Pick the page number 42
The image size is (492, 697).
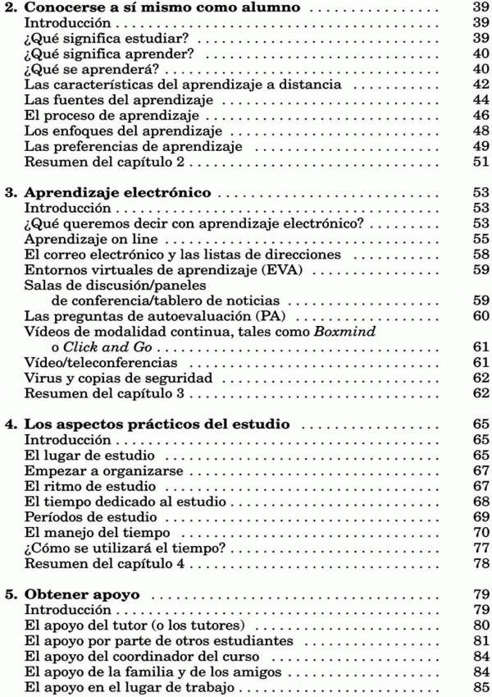tap(481, 85)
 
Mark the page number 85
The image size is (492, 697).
tap(481, 688)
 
